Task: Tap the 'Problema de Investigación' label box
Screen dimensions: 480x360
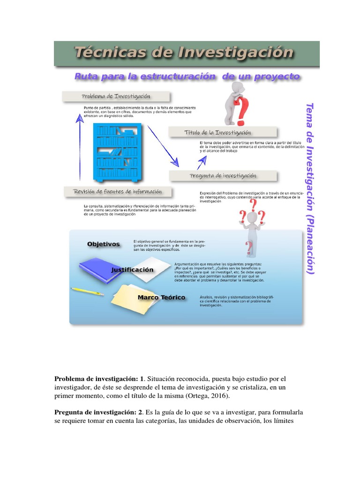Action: tap(116, 97)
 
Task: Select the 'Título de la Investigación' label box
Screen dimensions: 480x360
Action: tap(223, 133)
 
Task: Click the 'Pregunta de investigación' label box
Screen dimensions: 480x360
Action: tap(223, 176)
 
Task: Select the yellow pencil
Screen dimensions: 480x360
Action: tap(87, 291)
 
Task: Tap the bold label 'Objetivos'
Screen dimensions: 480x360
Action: tap(103, 244)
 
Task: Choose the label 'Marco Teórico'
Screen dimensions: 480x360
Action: tap(161, 298)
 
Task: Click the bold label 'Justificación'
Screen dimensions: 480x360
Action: tap(132, 270)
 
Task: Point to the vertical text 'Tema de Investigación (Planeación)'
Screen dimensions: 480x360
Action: tap(309, 187)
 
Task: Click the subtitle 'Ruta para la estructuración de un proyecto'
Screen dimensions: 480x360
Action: tap(187, 76)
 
